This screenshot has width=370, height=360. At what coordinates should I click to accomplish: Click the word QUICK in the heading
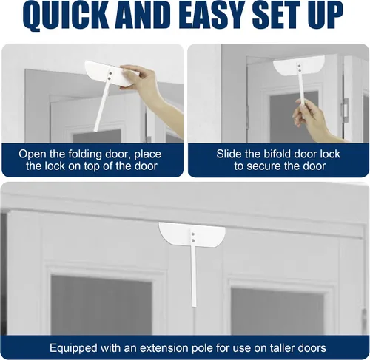tap(66, 16)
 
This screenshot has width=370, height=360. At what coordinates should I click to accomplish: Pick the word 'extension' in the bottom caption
tap(165, 348)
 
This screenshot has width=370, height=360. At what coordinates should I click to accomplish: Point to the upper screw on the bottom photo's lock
tap(193, 234)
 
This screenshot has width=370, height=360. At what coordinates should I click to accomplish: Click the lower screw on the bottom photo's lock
tap(193, 240)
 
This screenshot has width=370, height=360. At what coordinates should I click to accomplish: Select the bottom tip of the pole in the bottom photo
tap(194, 306)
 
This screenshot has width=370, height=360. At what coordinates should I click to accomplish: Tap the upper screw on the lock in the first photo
tap(110, 73)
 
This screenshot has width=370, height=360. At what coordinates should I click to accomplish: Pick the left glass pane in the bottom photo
tap(101, 305)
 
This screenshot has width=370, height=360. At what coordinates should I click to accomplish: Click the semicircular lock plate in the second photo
tap(298, 65)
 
